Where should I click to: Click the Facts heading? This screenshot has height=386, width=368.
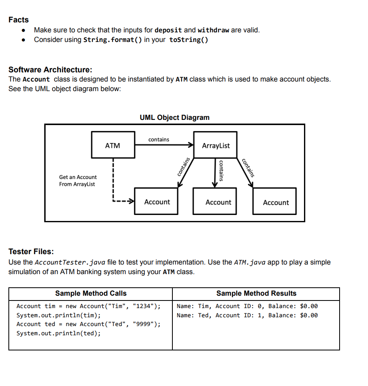[18, 20]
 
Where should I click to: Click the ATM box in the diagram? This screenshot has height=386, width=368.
[112, 146]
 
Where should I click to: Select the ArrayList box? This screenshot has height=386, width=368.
[216, 146]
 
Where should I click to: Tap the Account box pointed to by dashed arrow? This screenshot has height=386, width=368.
[157, 202]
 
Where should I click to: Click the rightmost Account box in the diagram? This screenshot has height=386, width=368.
[275, 203]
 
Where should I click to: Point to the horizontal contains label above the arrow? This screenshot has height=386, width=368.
[158, 139]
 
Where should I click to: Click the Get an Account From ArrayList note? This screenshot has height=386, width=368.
[78, 181]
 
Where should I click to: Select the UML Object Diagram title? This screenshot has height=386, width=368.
[174, 117]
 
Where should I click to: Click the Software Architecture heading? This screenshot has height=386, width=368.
[50, 70]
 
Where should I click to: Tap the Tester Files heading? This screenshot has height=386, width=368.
[31, 251]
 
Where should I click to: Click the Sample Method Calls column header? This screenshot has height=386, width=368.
[90, 293]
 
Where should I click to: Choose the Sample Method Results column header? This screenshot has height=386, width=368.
[256, 293]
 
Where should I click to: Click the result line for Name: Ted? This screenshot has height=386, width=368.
[247, 315]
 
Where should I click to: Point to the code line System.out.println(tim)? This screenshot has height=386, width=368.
[58, 315]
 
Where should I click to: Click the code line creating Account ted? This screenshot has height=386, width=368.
[88, 324]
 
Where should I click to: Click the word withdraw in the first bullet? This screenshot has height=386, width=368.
[213, 30]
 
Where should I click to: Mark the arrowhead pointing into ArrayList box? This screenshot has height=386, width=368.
[190, 146]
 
